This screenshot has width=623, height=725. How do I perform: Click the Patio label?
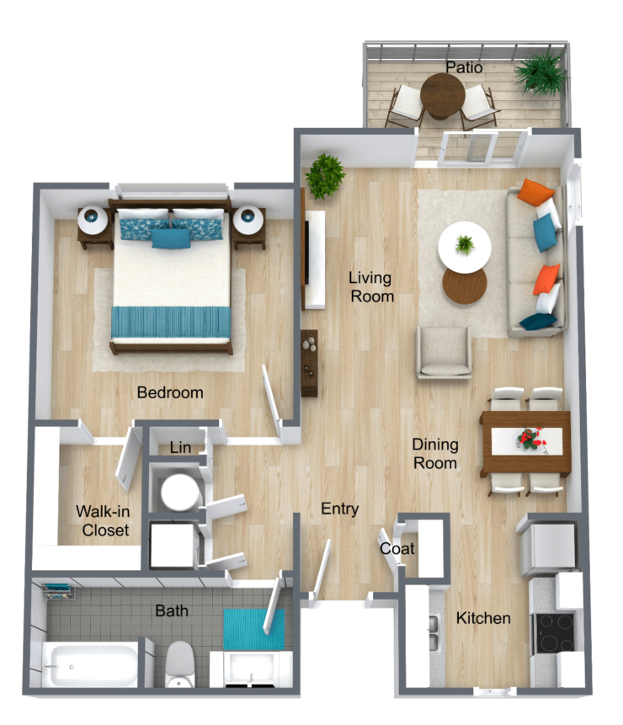(x=464, y=66)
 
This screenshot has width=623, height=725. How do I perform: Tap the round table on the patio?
(x=442, y=94)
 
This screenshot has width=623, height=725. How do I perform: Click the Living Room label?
(x=371, y=286)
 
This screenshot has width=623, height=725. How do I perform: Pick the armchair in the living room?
(x=444, y=351)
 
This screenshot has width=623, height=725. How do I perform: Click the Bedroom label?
(x=170, y=392)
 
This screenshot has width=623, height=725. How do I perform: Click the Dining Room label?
(x=434, y=453)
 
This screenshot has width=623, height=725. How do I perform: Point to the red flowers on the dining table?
(x=530, y=438)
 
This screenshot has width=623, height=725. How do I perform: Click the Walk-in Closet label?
(x=103, y=520)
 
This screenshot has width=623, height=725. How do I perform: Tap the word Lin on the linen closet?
(x=180, y=447)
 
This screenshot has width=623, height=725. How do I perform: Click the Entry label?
(x=340, y=509)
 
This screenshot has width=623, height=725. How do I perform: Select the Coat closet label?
(x=397, y=548)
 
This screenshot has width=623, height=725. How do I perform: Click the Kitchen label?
(x=483, y=618)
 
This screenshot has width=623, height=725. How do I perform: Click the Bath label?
(x=172, y=610)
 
